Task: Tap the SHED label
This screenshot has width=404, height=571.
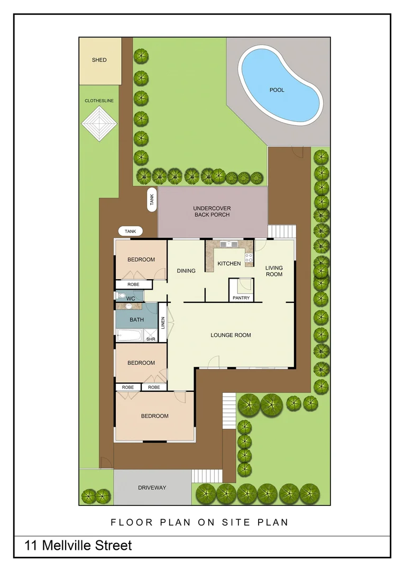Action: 99,60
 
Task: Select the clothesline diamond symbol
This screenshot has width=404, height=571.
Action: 98,124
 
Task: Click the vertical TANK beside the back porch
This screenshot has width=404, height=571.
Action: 152,199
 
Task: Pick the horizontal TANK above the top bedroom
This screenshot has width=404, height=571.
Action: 131,232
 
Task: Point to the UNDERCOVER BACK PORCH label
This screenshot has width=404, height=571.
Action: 212,211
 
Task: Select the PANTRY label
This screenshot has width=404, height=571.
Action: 241,298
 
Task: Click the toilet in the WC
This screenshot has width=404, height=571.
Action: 122,297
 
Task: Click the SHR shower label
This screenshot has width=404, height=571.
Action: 150,339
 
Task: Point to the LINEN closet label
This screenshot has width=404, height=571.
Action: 163,323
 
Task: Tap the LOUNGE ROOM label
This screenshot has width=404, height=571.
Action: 231,335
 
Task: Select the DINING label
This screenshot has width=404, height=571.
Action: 186,271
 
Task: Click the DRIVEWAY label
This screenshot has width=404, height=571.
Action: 152,487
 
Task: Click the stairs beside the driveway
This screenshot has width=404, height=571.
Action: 202,476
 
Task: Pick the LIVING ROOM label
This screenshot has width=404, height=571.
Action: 274,271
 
